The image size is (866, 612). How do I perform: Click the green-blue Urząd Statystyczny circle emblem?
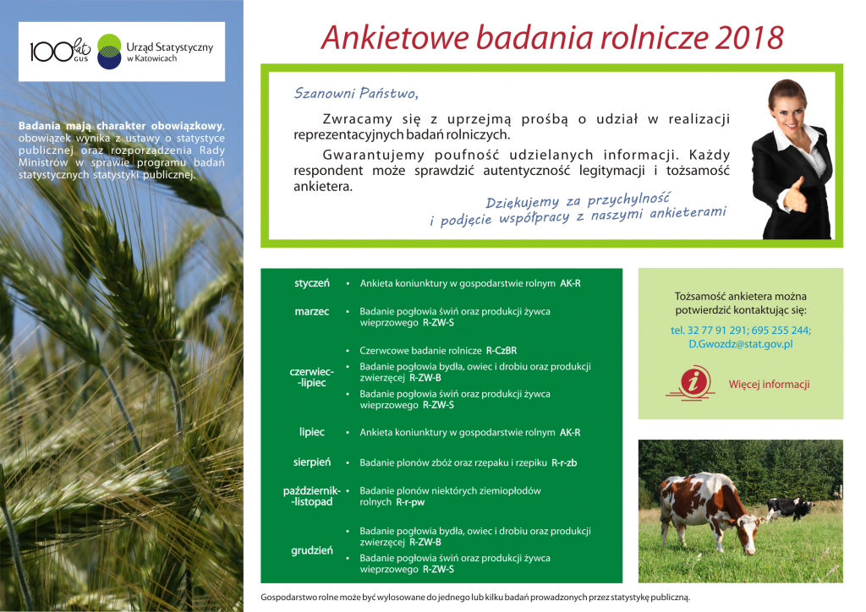click(109, 51)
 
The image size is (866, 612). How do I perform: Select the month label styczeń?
click(312, 282)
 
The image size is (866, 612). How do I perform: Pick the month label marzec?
click(312, 312)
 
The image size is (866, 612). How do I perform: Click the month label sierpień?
click(312, 462)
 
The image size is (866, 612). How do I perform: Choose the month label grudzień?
click(312, 551)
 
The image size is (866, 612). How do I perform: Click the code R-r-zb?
click(564, 463)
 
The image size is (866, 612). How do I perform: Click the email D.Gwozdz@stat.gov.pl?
click(740, 344)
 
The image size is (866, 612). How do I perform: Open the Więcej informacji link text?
click(769, 385)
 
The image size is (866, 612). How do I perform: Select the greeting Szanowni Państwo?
click(356, 92)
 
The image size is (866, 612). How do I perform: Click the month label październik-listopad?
click(312, 496)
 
